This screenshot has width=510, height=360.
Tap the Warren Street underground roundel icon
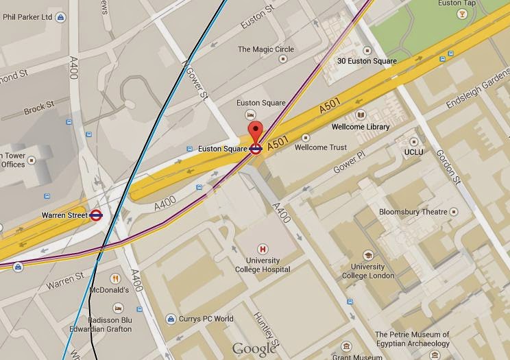[97, 215]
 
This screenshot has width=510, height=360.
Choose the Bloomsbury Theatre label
[417, 212]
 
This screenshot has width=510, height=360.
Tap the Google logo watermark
[254, 349]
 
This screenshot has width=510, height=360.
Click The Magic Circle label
[265, 49]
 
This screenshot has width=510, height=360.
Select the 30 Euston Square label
[367, 61]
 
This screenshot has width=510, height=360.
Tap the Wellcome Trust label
[320, 147]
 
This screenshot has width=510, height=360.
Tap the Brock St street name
[38, 108]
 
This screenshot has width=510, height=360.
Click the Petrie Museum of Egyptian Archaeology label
[412, 339]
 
